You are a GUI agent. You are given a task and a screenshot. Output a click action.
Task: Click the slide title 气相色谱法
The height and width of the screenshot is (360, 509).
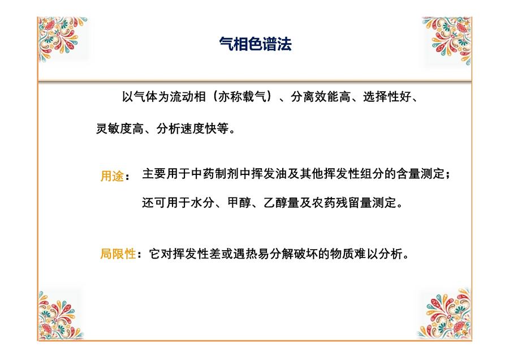pyautogui.click(x=256, y=44)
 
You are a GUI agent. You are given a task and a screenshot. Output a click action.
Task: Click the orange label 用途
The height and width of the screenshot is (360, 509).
pyautogui.click(x=113, y=176)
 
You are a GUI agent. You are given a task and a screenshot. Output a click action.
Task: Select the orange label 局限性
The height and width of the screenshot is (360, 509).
pyautogui.click(x=118, y=254)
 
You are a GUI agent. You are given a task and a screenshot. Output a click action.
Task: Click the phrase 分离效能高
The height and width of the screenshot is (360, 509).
pyautogui.click(x=321, y=96)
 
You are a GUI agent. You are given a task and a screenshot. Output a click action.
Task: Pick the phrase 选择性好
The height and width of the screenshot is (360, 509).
pyautogui.click(x=387, y=96)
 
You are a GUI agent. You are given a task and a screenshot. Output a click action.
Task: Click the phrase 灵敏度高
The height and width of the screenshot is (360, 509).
pyautogui.click(x=120, y=128)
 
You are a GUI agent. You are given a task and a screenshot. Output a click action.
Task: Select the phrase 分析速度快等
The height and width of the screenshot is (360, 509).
pyautogui.click(x=192, y=128)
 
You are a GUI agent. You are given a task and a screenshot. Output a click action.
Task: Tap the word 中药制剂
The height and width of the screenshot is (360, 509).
pyautogui.click(x=215, y=174)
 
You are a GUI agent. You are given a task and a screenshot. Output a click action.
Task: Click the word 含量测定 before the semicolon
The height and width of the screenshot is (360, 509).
pyautogui.click(x=420, y=174)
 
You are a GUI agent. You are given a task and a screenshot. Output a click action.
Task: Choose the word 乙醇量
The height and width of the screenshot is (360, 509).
pyautogui.click(x=281, y=203)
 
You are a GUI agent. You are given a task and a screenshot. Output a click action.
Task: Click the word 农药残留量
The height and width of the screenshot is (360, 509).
pyautogui.click(x=342, y=203)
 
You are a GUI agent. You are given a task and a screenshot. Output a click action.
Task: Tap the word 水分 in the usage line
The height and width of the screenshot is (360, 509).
pyautogui.click(x=203, y=203)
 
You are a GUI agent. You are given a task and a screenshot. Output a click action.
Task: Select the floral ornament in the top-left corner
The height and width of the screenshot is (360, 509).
pyautogui.click(x=62, y=38)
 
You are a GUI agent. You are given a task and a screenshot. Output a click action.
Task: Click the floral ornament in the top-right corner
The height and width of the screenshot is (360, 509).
pyautogui.click(x=447, y=40)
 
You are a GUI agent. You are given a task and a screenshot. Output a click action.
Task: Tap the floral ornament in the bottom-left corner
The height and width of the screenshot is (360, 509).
pyautogui.click(x=60, y=315)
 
